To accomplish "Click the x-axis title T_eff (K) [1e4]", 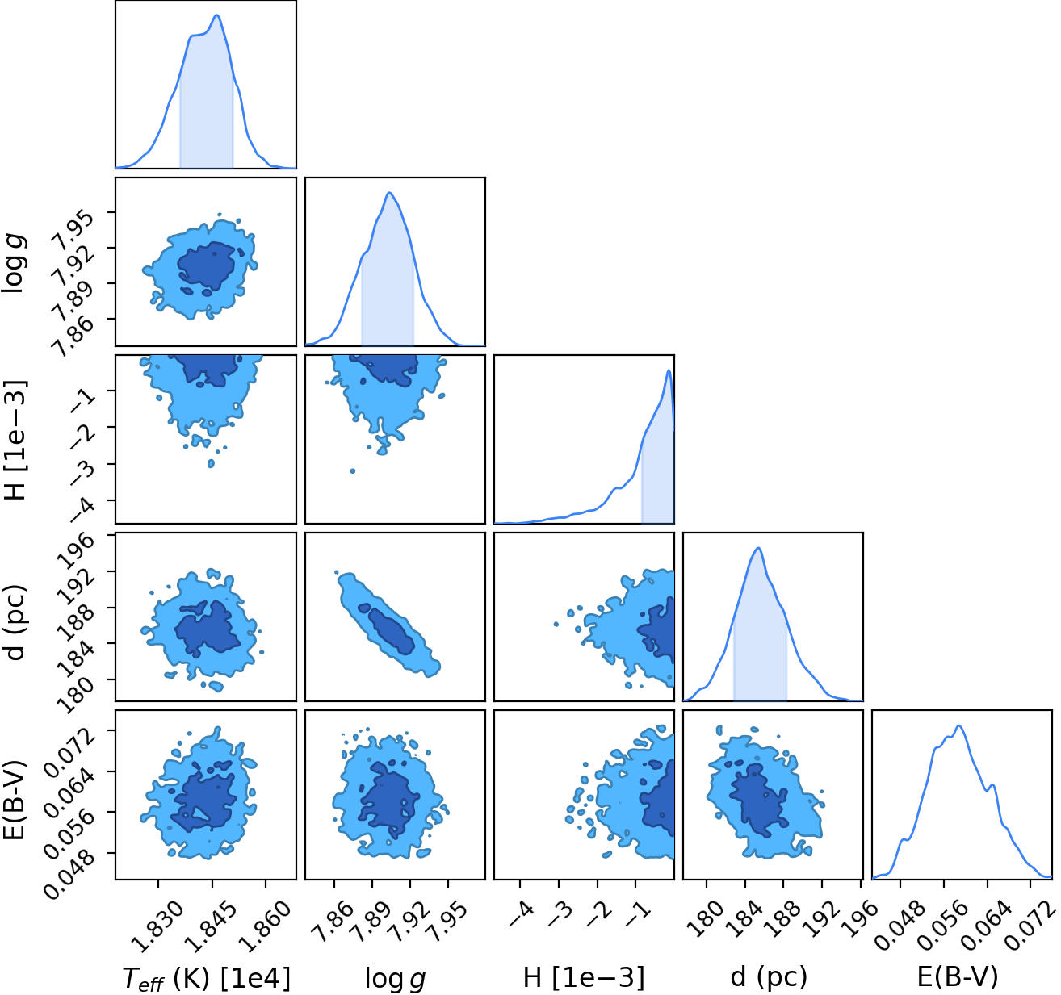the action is tap(206, 978).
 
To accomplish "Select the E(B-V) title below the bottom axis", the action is tap(958, 976).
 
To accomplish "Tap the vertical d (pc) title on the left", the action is tap(16, 623).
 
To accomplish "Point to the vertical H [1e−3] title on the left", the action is tap(16, 440).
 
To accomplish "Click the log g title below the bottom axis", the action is tap(396, 978).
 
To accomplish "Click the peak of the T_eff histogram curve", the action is tap(217, 15).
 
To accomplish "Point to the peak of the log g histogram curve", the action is tap(389, 193).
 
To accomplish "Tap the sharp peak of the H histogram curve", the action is tap(669, 370).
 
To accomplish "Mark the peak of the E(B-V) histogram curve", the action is tap(959, 725).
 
